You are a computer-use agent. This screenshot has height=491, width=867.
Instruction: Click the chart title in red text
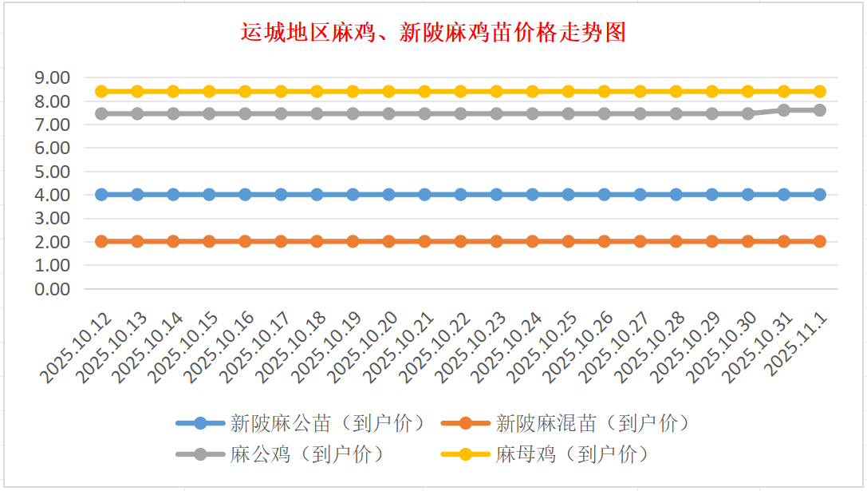[x=433, y=33]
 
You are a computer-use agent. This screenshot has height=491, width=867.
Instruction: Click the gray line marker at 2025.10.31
[x=784, y=110]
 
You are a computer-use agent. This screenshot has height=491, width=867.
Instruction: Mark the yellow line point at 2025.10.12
[x=101, y=91]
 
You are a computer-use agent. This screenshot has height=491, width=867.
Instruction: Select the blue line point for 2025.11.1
[x=820, y=194]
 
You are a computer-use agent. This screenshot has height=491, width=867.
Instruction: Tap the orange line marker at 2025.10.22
[x=460, y=241]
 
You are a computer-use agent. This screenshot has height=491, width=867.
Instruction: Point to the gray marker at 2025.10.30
[x=748, y=113]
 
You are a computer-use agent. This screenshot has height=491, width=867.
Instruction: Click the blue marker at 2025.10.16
[x=245, y=194]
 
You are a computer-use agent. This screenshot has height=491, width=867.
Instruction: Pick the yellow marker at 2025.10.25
[x=569, y=91]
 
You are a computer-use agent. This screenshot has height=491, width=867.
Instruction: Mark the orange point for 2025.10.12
[x=101, y=241]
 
